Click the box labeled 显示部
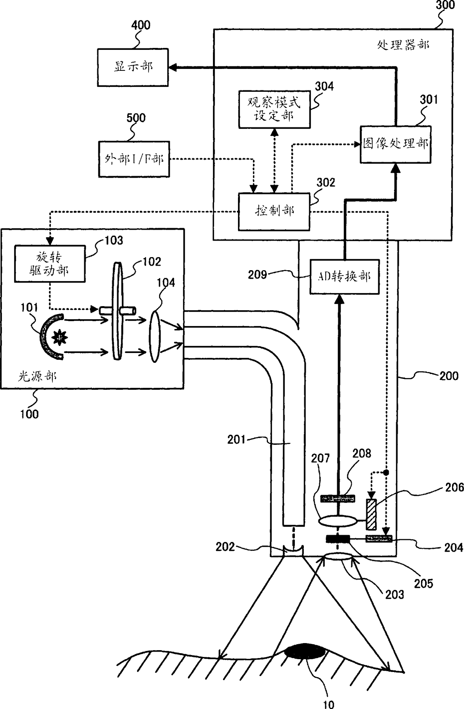coord(133,67)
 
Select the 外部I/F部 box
coord(134,159)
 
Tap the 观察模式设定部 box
coord(275,109)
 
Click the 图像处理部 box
coord(396,144)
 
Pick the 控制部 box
coord(274,212)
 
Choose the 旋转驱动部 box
coord(50,264)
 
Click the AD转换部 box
coord(345,277)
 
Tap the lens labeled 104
coord(155,336)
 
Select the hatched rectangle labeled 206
coord(371,515)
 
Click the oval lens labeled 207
coord(338,521)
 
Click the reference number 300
coord(445,5)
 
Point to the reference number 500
coord(136,118)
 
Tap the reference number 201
coord(236,439)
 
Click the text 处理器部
coord(403,45)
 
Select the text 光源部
coord(37,376)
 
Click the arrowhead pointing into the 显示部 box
coord(173,67)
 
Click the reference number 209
coord(257,275)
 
